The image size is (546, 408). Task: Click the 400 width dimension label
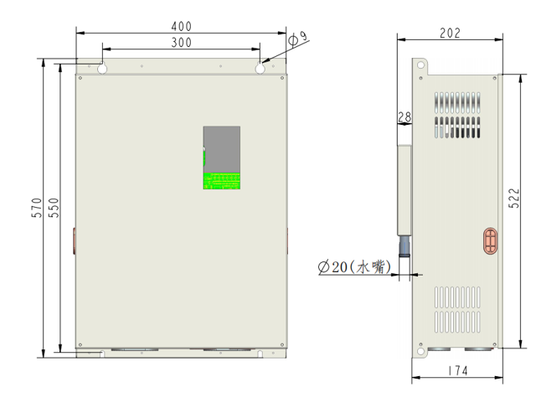[x=180, y=25]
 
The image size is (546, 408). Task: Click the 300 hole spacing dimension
[x=180, y=42]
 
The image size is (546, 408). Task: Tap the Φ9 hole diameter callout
[x=297, y=38]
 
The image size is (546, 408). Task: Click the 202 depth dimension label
[x=450, y=33]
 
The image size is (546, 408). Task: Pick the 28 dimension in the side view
[x=404, y=118]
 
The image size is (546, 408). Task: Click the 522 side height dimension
[x=514, y=198]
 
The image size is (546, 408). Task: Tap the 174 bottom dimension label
[x=456, y=370]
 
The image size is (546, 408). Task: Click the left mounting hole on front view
[x=102, y=69]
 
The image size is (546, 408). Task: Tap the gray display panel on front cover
[x=222, y=148]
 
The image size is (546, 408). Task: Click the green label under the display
[x=222, y=180]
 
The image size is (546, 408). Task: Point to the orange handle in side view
[x=490, y=240]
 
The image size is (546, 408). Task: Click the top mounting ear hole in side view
[x=420, y=64]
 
